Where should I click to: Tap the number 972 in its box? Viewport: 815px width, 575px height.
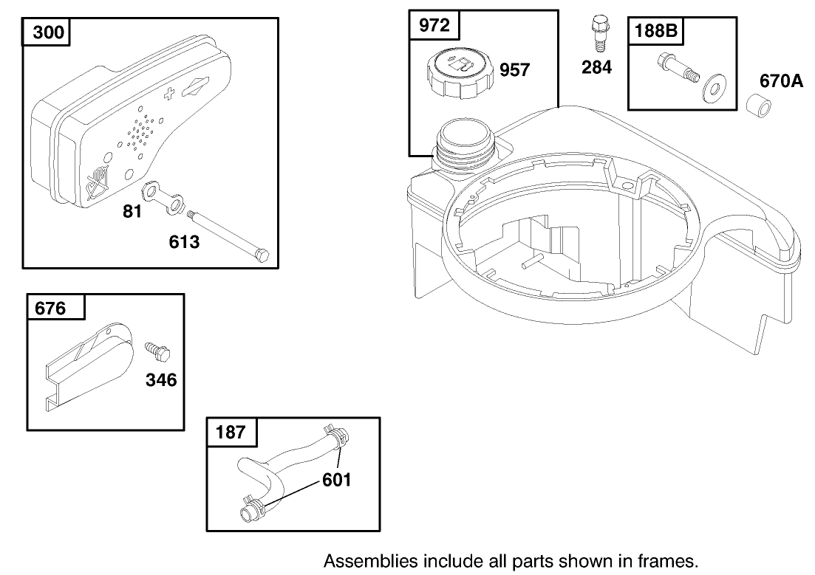[x=434, y=26]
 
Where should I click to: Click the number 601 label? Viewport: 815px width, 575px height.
[x=336, y=481]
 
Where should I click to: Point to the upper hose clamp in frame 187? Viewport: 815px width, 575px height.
[x=334, y=436]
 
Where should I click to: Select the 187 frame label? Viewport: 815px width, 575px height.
[x=231, y=432]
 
